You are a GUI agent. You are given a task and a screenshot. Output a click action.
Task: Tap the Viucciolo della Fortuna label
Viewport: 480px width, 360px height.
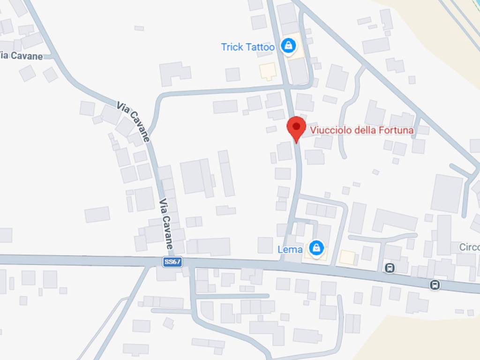(x=361, y=130)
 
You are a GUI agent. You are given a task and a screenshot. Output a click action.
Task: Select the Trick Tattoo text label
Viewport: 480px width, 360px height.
(x=248, y=47)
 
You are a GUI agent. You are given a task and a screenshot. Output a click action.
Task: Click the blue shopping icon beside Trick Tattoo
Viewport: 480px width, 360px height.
(x=288, y=46)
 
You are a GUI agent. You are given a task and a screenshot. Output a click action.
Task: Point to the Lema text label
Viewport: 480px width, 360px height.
(x=290, y=249)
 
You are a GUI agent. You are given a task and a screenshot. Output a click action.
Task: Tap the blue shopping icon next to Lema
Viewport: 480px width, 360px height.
(x=317, y=247)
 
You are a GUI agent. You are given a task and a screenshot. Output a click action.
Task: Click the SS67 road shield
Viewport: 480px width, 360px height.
(x=172, y=262)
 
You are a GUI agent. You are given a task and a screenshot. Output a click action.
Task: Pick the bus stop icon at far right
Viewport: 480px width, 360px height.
(x=435, y=285)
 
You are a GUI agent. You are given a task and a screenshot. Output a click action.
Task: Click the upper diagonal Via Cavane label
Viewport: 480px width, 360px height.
(x=134, y=121)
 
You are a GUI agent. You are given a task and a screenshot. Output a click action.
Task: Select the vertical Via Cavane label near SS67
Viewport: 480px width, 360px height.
(x=166, y=224)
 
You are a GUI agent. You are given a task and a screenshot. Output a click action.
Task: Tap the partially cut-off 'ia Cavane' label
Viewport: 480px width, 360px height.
(x=21, y=56)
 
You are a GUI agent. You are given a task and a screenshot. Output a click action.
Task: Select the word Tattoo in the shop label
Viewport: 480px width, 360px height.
(x=260, y=47)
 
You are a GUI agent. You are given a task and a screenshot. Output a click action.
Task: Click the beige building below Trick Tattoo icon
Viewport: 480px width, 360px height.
(x=268, y=71)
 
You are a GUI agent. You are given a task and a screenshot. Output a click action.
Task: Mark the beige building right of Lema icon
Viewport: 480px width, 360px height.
(x=347, y=257)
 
